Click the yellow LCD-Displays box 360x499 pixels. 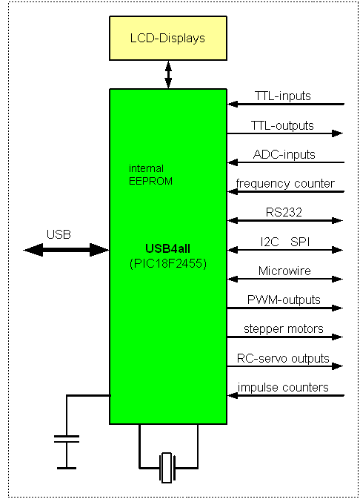click(168, 39)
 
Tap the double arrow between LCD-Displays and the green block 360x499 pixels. click(168, 75)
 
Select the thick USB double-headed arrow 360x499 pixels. click(66, 250)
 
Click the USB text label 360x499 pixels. click(59, 234)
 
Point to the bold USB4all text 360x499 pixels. click(167, 248)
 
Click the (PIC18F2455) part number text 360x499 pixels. click(168, 263)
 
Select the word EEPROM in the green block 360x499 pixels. click(150, 181)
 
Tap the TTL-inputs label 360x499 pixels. click(283, 96)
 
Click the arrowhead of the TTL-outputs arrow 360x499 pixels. click(338, 133)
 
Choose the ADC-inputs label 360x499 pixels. click(284, 154)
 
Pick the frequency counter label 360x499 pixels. click(285, 184)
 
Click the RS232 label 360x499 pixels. click(284, 212)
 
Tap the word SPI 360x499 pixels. click(300, 242)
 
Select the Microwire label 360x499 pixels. click(284, 271)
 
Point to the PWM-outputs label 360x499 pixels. click(284, 300)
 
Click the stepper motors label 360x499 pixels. click(284, 328)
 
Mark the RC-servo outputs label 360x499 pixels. click(283, 358)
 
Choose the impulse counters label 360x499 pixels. click(283, 387)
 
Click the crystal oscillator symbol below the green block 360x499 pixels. click(167, 468)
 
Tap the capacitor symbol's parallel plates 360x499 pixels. click(67, 439)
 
